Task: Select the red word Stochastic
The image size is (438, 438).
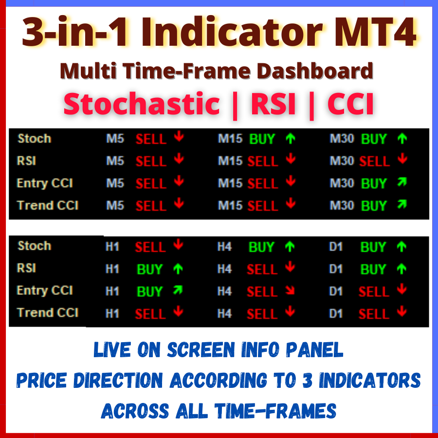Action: pos(142,104)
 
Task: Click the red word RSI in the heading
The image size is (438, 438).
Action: pos(274,104)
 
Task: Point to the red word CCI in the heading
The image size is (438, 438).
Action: pos(350,104)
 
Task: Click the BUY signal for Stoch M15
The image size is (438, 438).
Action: pos(262,139)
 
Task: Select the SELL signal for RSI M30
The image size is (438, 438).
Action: pos(374,161)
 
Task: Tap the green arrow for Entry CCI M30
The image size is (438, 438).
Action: pos(402,182)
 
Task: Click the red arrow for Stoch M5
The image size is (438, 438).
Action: pos(179,138)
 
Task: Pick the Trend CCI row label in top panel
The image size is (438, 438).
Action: pos(48,205)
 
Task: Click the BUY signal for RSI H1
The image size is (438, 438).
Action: pos(150,270)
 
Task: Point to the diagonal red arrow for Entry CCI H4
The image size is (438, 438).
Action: pos(290,291)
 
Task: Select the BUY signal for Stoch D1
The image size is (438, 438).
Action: pos(373,248)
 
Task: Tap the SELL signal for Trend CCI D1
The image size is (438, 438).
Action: pos(373,314)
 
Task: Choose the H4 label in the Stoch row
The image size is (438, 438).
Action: pos(224,247)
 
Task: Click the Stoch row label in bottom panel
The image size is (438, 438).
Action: pos(34,246)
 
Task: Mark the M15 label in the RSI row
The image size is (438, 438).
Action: pos(230,161)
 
